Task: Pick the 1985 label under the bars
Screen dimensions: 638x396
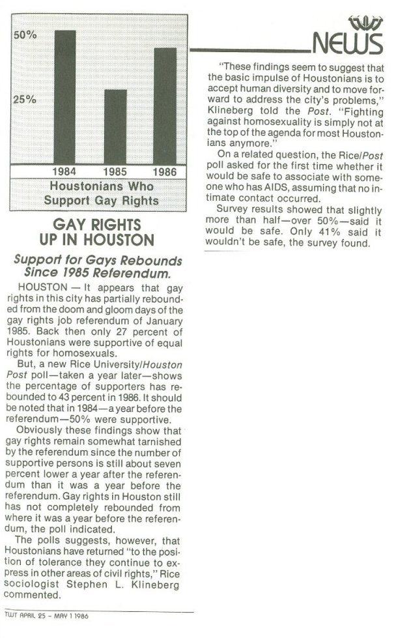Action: pos(115,171)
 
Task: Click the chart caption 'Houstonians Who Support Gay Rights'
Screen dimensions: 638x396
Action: pos(101,193)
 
